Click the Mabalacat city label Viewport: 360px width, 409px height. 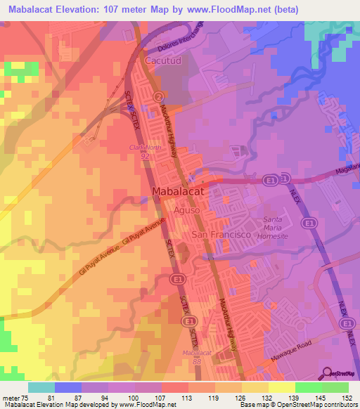click(x=178, y=190)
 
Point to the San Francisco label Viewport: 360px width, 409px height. click(x=221, y=235)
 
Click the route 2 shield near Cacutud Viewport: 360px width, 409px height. click(x=159, y=96)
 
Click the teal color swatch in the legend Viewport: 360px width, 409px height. click(x=41, y=387)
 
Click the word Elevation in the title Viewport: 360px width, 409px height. click(x=74, y=10)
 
